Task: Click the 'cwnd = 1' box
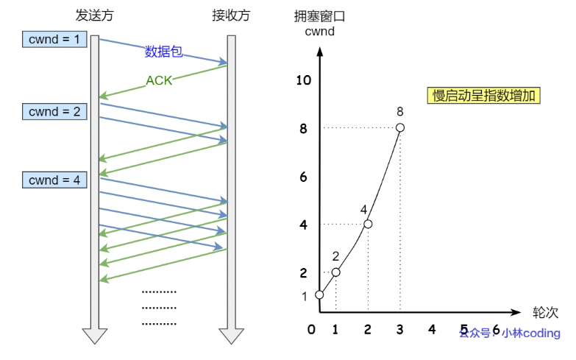54,38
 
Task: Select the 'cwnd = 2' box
54,112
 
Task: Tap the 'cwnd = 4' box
54,179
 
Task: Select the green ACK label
159,80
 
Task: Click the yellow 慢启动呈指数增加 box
484,96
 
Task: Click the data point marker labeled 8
400,128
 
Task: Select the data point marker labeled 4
368,224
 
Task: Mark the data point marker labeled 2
335,272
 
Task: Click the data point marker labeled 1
319,295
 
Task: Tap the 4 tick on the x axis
432,329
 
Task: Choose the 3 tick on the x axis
400,329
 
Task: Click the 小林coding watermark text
530,333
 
